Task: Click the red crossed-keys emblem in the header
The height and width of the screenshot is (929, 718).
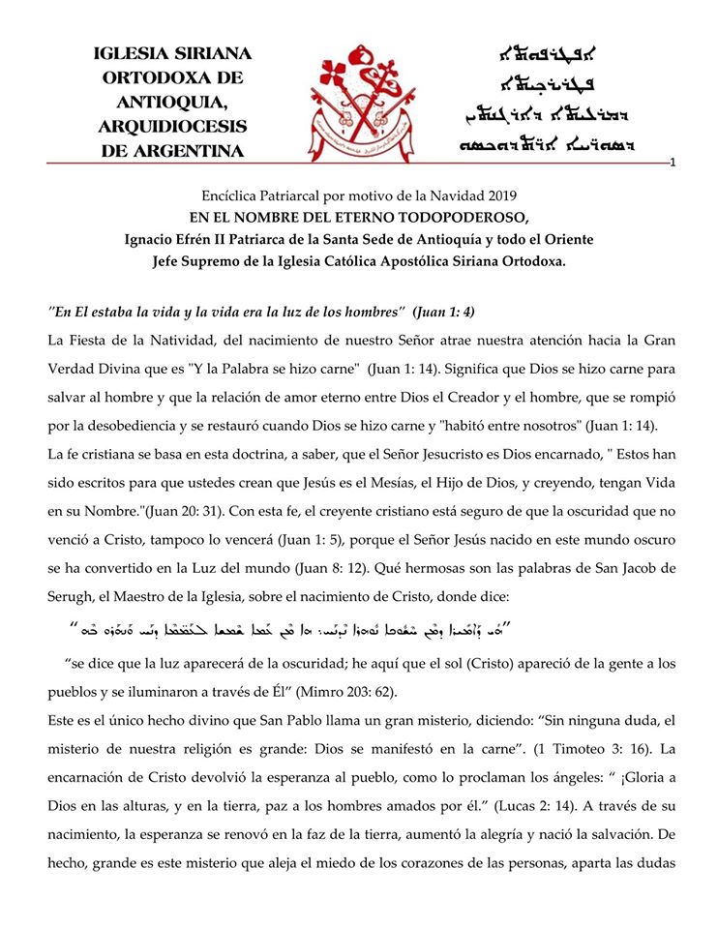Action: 360,104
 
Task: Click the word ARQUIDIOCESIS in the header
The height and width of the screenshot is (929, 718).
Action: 172,127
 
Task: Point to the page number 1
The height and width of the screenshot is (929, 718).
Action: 672,162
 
